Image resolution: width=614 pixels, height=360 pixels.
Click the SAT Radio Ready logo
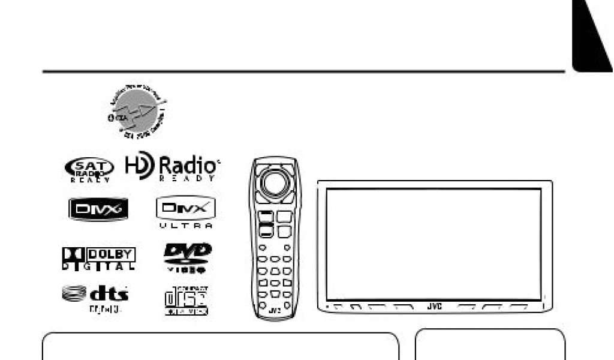click(88, 169)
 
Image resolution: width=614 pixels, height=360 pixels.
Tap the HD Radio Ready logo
click(172, 168)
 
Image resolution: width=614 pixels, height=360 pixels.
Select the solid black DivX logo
click(97, 209)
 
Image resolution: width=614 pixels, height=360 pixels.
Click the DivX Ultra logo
click(185, 213)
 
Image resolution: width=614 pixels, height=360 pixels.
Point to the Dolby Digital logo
click(98, 259)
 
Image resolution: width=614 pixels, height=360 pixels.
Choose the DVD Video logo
click(187, 257)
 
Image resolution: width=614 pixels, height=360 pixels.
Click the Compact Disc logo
click(186, 300)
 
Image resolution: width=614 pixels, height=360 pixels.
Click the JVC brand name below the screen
click(434, 307)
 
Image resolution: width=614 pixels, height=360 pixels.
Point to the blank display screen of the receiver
click(434, 244)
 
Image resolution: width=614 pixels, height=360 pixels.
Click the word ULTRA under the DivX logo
click(186, 226)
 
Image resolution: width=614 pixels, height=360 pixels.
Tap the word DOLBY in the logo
click(112, 254)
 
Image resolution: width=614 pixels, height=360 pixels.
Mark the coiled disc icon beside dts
click(74, 293)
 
